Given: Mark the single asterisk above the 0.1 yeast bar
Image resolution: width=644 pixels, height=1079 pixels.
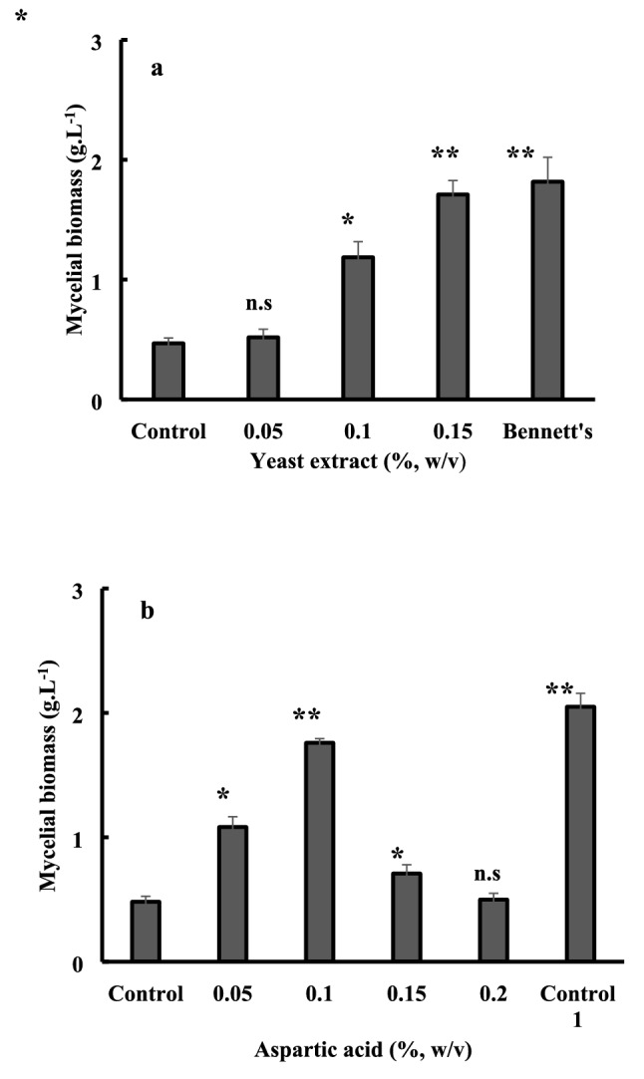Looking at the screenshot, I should click(x=358, y=219).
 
